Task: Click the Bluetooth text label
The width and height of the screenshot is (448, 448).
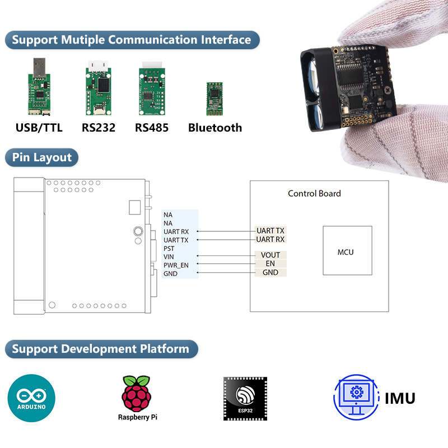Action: point(215,128)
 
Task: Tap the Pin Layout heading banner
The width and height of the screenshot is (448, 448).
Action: point(42,157)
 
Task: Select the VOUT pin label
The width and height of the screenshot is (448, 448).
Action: point(270,255)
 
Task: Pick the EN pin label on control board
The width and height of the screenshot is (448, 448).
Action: point(270,264)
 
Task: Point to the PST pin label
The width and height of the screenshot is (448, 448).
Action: point(169,248)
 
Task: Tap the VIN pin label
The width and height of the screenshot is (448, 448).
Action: point(168,256)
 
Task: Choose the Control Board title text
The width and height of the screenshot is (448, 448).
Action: point(314,194)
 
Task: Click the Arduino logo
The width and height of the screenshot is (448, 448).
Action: point(31,398)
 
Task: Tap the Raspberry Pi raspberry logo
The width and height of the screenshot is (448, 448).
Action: point(137,393)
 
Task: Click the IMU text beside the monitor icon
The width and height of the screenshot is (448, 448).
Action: point(400,399)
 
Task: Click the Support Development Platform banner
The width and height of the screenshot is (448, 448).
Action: point(101,349)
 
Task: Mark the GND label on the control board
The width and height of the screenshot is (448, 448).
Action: point(270,273)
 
